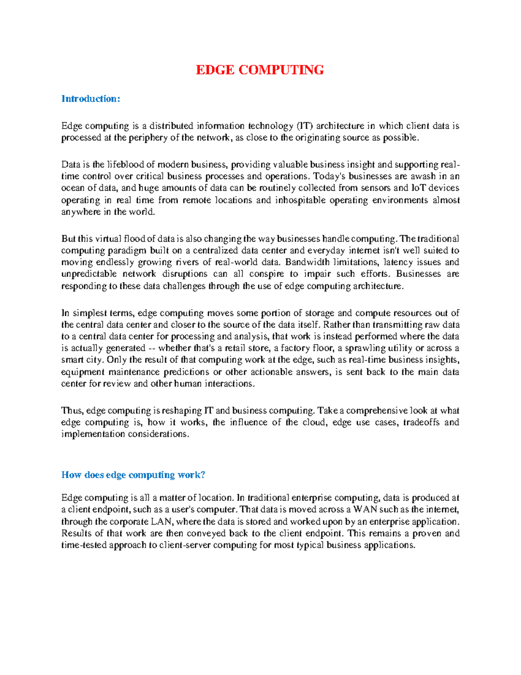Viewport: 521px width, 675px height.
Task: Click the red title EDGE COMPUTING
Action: point(260,70)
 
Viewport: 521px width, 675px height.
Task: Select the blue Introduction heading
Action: point(90,99)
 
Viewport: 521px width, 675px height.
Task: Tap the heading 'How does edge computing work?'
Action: point(133,475)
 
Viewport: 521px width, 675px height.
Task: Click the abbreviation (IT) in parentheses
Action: point(304,126)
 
